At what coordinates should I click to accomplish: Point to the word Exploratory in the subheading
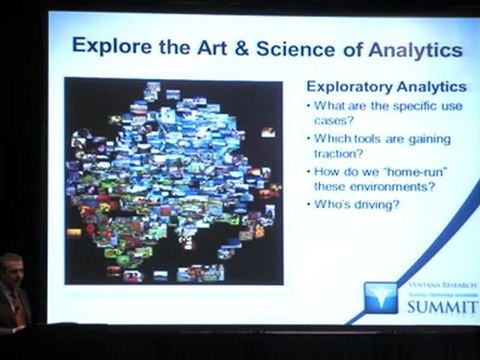[x=345, y=87]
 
